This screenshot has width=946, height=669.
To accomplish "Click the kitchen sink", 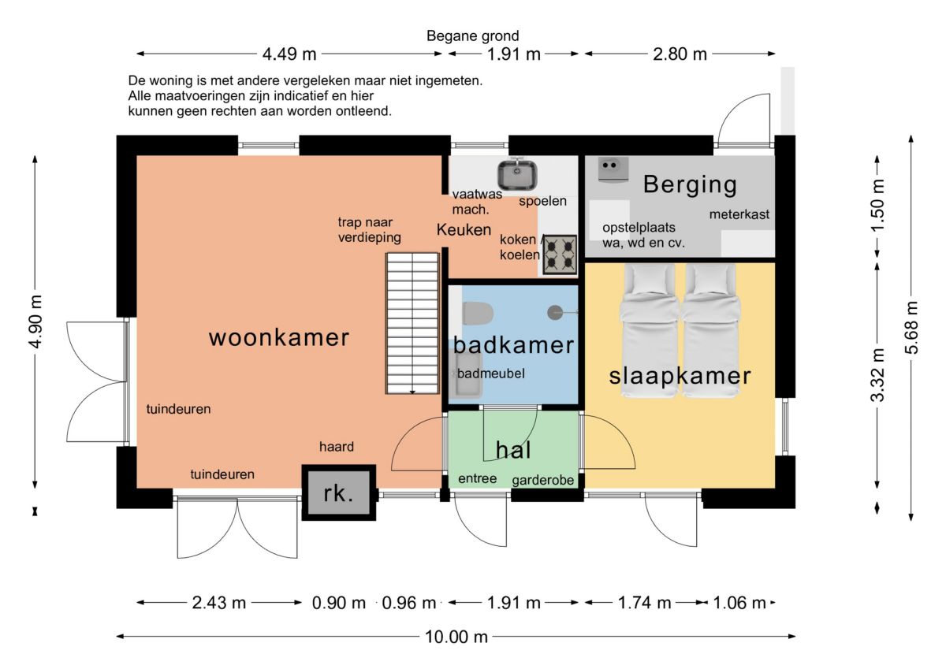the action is click(x=517, y=175).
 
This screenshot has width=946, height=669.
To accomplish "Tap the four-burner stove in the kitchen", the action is click(x=560, y=255).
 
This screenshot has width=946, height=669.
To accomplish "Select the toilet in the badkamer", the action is click(x=478, y=314).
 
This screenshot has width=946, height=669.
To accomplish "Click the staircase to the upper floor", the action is click(x=412, y=323).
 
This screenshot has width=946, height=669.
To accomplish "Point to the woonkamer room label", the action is click(x=279, y=338).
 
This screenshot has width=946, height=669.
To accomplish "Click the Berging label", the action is click(x=690, y=184).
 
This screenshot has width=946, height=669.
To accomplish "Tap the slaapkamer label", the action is click(x=680, y=376).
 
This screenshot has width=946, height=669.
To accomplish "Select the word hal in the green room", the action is click(x=513, y=450).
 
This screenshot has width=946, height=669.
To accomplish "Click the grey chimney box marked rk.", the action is click(x=339, y=492).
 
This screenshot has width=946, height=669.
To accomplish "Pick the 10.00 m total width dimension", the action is click(x=456, y=637).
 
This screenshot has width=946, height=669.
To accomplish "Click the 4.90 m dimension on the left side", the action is click(x=36, y=321).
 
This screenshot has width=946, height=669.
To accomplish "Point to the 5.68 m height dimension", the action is click(x=911, y=328).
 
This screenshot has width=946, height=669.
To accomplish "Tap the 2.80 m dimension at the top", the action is click(x=680, y=54).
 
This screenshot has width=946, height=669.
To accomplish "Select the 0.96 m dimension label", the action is click(x=409, y=603).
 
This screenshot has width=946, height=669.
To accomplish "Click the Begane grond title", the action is click(x=472, y=36).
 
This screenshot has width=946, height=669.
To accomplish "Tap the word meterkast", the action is click(x=739, y=214).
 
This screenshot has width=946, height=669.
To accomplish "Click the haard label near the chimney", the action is click(x=337, y=447).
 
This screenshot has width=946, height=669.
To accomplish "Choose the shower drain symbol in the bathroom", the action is click(x=554, y=313).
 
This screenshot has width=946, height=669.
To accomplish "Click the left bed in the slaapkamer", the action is click(x=649, y=330).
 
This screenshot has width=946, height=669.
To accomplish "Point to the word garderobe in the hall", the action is click(x=542, y=480).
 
